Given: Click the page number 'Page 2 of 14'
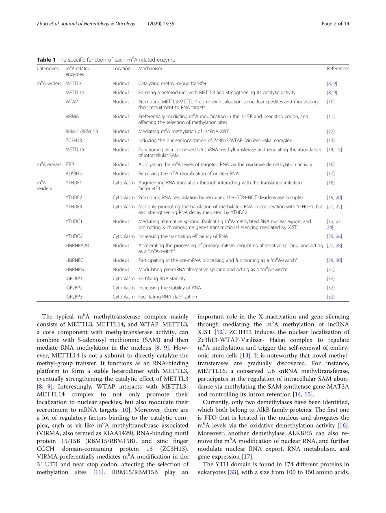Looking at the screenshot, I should (x=335, y=24).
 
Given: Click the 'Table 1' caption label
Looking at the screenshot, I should (x=46, y=60).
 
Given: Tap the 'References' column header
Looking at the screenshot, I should (x=338, y=69).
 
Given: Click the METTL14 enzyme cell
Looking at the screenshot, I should (x=75, y=93).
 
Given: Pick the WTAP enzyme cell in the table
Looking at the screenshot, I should (x=72, y=102).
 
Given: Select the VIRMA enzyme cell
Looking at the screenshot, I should (x=72, y=117).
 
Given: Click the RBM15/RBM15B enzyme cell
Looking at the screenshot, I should (x=82, y=132).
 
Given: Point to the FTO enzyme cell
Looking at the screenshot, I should (x=70, y=165).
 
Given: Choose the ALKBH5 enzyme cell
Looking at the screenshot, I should (x=74, y=173).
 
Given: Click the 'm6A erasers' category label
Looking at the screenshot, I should (x=49, y=165).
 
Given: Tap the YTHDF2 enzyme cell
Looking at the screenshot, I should (x=74, y=197).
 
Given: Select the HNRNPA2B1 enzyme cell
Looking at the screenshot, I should (x=78, y=245).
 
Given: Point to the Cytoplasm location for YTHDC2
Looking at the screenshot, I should (x=124, y=236).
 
